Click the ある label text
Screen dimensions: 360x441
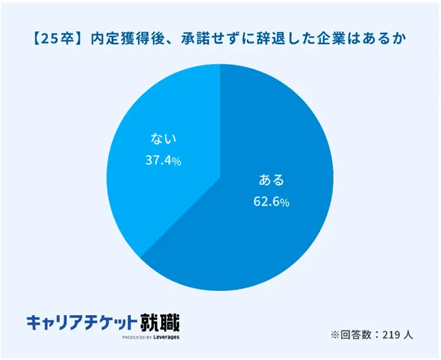point(272,180)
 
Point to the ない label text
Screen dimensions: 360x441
point(163,138)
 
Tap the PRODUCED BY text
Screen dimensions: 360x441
point(136,339)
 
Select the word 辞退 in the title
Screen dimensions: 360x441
point(273,39)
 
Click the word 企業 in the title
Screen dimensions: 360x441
point(333,39)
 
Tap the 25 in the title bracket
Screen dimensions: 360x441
point(49,39)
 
